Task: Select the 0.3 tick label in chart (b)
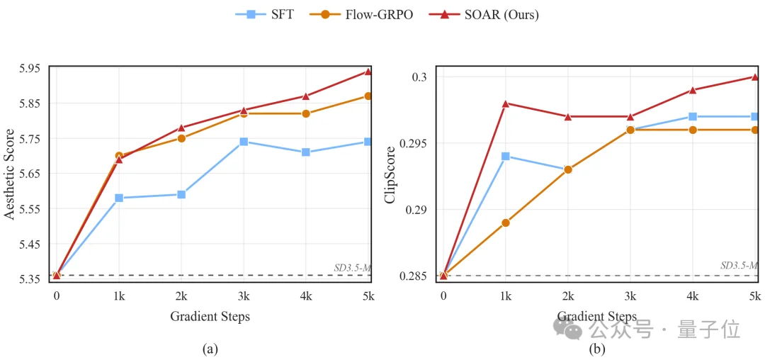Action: pos(421,77)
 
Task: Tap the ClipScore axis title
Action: pos(390,173)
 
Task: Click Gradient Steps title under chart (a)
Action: pos(210,317)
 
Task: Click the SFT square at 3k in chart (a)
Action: pos(244,142)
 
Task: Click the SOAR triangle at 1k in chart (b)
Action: pos(506,103)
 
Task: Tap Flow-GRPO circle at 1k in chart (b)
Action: pos(506,223)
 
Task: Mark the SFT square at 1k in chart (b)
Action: pos(506,156)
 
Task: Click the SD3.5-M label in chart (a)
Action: pos(352,268)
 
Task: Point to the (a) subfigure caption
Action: pos(210,348)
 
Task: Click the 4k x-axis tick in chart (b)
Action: pos(693,296)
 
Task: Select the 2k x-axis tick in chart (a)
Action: pos(181,296)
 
